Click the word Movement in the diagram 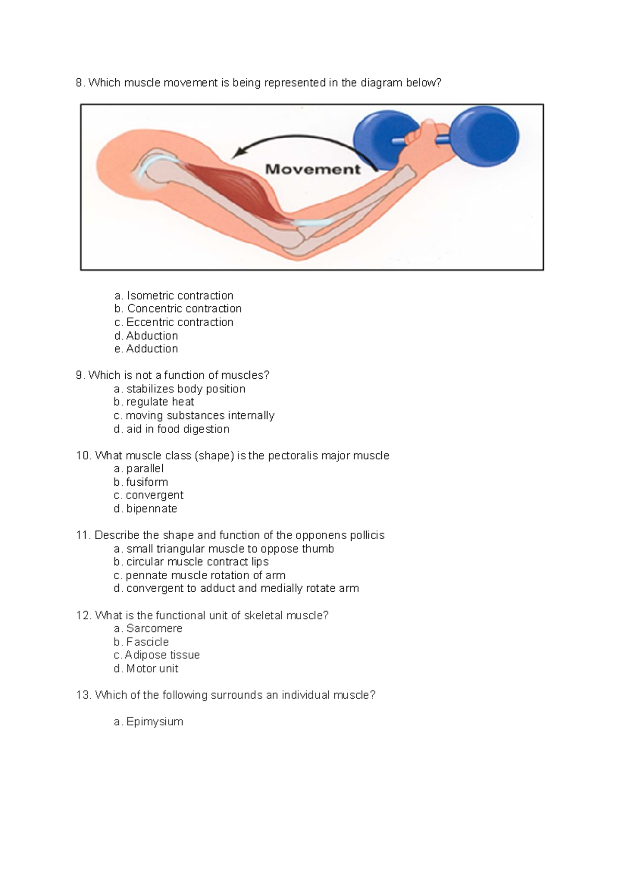tap(312, 169)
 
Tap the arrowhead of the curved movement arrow tap(239, 152)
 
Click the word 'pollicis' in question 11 tap(366, 535)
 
